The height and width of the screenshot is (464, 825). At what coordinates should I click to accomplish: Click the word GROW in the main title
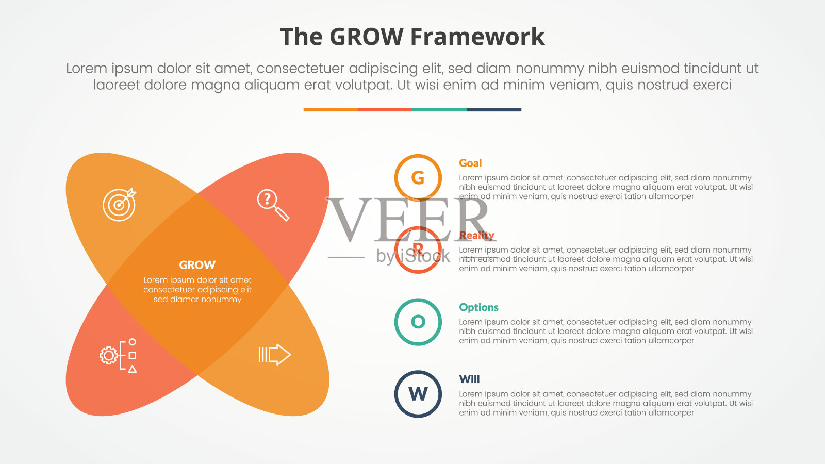click(366, 37)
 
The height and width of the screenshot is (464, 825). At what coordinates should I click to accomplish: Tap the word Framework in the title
click(477, 37)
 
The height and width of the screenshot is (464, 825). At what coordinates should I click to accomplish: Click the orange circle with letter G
click(418, 178)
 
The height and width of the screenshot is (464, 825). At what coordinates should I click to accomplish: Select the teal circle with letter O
click(418, 322)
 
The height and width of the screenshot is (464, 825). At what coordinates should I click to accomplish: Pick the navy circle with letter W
click(418, 394)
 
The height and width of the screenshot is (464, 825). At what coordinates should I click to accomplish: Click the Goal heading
click(470, 163)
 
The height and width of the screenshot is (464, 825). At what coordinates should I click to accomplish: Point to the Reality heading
click(476, 236)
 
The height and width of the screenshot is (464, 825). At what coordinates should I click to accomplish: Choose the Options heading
click(478, 307)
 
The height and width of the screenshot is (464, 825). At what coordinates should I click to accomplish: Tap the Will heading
click(469, 379)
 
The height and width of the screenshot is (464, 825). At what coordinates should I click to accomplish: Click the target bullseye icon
click(119, 204)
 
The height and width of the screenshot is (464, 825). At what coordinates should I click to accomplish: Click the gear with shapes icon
click(118, 356)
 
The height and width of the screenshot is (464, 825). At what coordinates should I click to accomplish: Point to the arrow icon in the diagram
click(274, 355)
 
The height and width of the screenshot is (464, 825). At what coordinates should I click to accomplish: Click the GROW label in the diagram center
click(197, 265)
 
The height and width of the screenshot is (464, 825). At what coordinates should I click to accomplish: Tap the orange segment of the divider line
click(331, 110)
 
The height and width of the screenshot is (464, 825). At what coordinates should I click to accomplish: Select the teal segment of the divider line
click(439, 110)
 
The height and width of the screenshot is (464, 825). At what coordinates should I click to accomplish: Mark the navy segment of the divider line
click(494, 110)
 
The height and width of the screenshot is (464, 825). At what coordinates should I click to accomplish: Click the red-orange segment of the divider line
click(385, 110)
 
